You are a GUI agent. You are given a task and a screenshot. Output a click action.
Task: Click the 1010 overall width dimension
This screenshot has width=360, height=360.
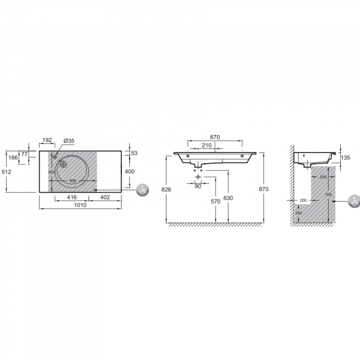click(x=80, y=205)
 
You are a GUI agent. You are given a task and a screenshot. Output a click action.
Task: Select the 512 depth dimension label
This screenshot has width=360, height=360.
click(x=6, y=172)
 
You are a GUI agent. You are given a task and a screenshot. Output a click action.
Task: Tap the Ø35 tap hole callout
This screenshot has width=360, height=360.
click(x=69, y=141)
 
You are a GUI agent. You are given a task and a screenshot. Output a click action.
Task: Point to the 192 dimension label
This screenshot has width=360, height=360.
click(x=47, y=140)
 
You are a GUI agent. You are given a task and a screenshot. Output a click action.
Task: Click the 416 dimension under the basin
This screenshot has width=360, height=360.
click(x=72, y=197)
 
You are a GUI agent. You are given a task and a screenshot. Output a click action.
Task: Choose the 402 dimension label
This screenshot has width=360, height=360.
click(x=105, y=197)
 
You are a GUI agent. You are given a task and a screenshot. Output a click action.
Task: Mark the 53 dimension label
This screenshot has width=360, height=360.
click(x=134, y=153)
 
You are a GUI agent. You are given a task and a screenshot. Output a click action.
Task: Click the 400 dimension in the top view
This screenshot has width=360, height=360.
click(x=130, y=171)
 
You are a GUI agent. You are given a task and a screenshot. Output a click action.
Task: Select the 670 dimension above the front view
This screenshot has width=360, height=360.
click(x=215, y=137)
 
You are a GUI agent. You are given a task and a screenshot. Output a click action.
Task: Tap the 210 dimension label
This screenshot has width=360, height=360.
click(x=207, y=145)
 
